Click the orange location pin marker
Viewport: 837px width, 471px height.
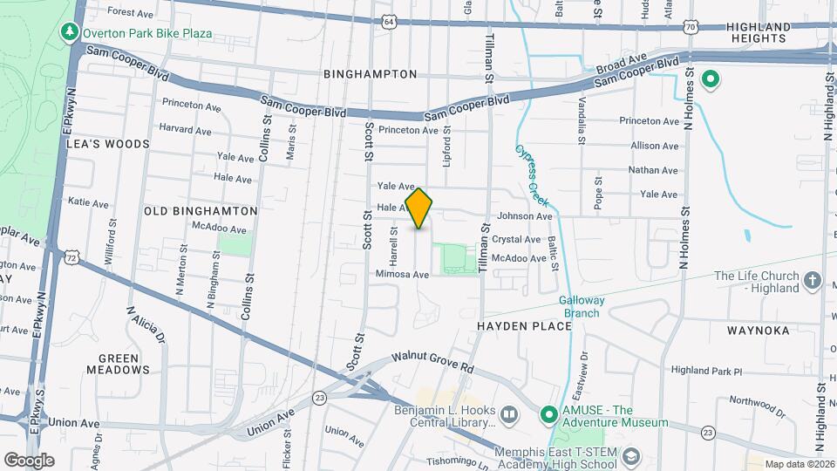[x=419, y=208]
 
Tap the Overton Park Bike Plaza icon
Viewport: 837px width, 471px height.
[x=69, y=32]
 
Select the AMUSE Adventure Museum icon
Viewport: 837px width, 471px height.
[x=548, y=413]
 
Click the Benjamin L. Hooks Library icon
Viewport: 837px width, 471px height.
[x=509, y=413]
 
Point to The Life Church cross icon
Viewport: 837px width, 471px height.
[x=813, y=280]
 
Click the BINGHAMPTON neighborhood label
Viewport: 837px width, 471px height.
[x=364, y=75]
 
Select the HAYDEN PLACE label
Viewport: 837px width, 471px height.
[x=524, y=326]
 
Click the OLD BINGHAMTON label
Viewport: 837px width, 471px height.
[x=201, y=211]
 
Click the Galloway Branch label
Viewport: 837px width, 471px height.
[x=582, y=306]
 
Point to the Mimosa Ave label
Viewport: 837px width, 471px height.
[x=403, y=274]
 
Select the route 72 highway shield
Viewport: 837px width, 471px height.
[x=71, y=257]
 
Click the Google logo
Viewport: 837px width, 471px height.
[x=30, y=460]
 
